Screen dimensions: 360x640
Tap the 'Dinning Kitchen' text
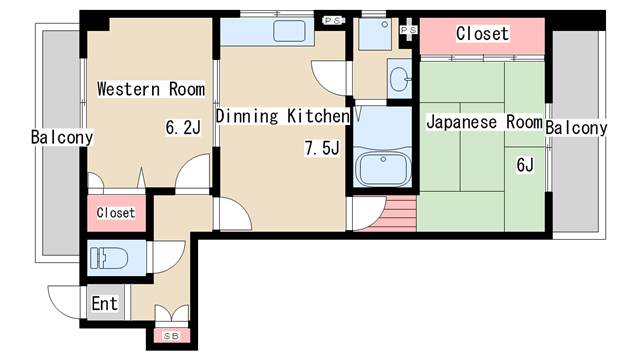coord(281,117)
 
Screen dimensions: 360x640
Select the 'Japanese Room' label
coord(484,123)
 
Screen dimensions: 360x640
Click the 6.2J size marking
coord(183,127)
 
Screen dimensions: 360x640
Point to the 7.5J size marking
coord(322,150)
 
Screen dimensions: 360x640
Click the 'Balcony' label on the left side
coord(61,137)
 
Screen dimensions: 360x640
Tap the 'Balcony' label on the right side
coord(576,128)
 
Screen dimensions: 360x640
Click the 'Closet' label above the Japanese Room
coord(482,34)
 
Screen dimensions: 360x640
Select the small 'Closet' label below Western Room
coord(115,213)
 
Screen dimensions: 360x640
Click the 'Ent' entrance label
coord(104,303)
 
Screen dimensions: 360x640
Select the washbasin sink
coord(400,79)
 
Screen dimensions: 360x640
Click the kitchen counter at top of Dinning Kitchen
coord(281,31)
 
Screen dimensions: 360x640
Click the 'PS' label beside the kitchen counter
coord(333,19)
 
